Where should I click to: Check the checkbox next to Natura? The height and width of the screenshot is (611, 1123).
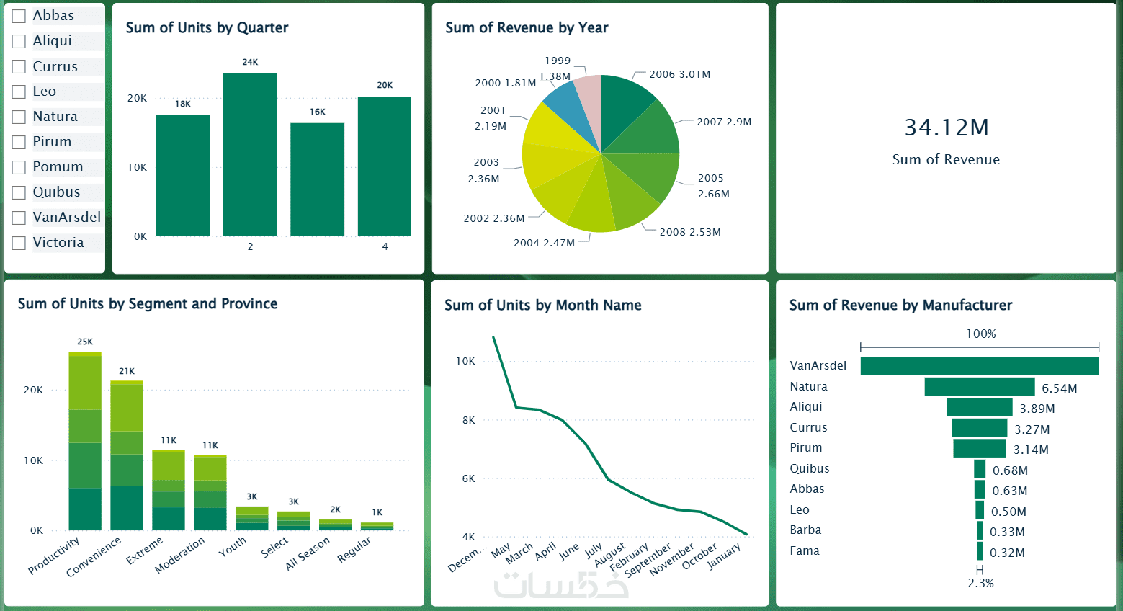[x=19, y=117]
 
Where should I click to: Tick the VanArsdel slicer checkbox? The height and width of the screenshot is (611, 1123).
[x=19, y=218]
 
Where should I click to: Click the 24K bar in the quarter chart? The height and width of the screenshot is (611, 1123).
[x=250, y=155]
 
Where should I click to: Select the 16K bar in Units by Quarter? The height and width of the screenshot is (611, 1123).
[x=317, y=179]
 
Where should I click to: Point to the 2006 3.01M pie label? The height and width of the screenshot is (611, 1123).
[x=679, y=74]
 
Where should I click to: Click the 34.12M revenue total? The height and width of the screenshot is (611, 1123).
[x=946, y=128]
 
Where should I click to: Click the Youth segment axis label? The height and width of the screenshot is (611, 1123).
[x=233, y=547]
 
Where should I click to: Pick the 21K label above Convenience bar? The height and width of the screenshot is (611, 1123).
[x=127, y=371]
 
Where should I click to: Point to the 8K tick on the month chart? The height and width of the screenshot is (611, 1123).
[x=469, y=420]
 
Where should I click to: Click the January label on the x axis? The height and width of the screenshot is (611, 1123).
[x=724, y=556]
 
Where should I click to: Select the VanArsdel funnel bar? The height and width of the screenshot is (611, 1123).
[x=979, y=366]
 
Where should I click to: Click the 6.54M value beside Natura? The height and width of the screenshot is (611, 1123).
[x=1059, y=388]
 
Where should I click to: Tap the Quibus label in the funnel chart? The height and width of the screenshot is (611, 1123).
[x=809, y=468]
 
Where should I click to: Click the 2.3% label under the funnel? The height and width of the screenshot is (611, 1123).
[x=980, y=583]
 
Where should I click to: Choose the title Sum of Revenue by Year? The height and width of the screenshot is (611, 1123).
[x=527, y=28]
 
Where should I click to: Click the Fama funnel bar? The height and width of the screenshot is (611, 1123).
[x=980, y=551]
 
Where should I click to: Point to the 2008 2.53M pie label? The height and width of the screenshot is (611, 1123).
[x=689, y=232]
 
